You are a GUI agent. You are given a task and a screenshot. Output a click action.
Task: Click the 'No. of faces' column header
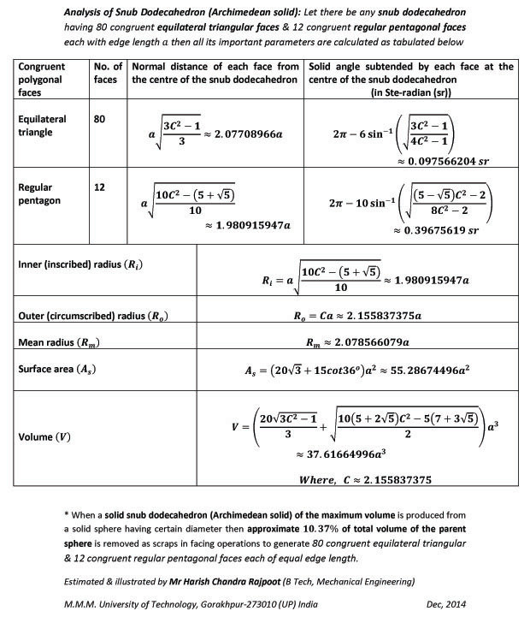click(x=107, y=73)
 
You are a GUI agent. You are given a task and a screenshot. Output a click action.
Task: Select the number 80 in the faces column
click(x=100, y=120)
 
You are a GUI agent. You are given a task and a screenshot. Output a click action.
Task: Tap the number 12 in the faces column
click(x=100, y=187)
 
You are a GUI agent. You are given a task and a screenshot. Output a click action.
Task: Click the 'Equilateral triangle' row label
click(x=42, y=126)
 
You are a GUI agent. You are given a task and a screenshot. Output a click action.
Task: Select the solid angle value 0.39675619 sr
click(x=439, y=229)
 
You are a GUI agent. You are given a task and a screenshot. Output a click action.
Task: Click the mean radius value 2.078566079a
click(x=357, y=342)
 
